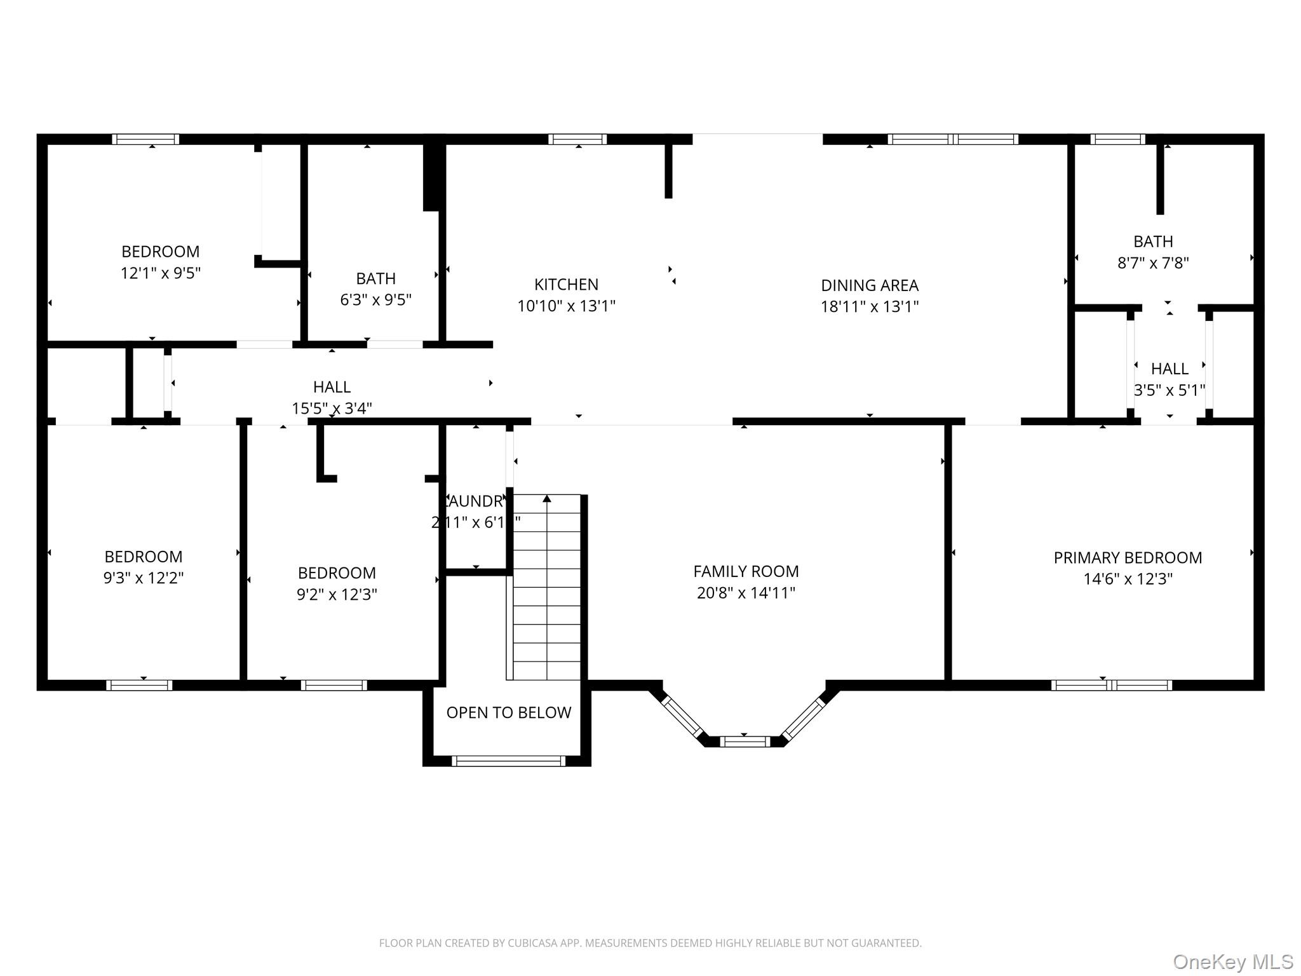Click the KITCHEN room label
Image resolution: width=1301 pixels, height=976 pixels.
coord(566,285)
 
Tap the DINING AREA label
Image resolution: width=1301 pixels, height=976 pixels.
coord(869,285)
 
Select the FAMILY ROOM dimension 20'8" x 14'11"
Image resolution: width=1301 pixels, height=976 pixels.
coord(746,593)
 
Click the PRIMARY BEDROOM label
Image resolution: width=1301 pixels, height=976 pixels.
coord(1128,558)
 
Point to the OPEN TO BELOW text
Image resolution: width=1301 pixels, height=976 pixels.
coord(508,713)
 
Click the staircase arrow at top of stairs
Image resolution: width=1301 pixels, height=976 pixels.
coord(547,499)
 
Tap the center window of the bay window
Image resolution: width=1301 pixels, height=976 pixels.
coord(745,741)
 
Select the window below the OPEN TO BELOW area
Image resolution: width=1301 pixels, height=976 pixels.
coord(508,761)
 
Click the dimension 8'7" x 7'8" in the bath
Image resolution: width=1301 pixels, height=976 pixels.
coord(1153,263)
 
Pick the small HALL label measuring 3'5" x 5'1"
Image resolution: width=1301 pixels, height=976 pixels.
coord(1170,369)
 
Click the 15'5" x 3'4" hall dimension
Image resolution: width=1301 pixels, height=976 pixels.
coord(332,409)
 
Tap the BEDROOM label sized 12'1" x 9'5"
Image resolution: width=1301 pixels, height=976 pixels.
coord(161,252)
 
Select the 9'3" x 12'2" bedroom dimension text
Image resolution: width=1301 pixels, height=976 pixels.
coord(144,578)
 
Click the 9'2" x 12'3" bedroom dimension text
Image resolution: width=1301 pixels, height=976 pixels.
coord(337,595)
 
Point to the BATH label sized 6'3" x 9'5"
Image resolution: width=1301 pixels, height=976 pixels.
coord(375,279)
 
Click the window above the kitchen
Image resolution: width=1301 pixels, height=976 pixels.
coord(577,139)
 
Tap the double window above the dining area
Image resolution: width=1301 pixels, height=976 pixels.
coord(953,139)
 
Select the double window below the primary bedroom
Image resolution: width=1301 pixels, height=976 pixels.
coord(1111,685)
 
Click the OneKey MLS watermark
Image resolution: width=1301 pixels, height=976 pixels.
coord(1232,961)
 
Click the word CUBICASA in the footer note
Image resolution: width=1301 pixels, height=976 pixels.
coord(532,944)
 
